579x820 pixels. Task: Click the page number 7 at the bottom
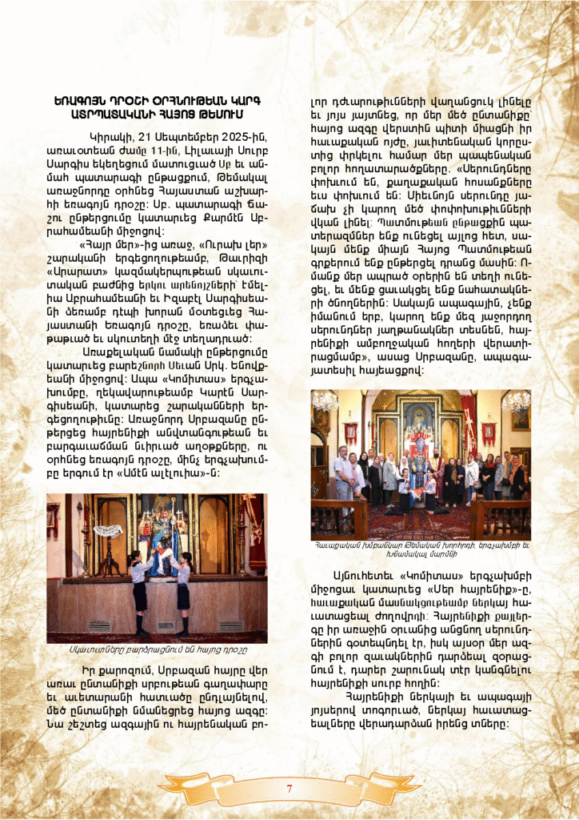tap(289, 788)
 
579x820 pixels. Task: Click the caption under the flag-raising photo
tap(159, 649)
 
